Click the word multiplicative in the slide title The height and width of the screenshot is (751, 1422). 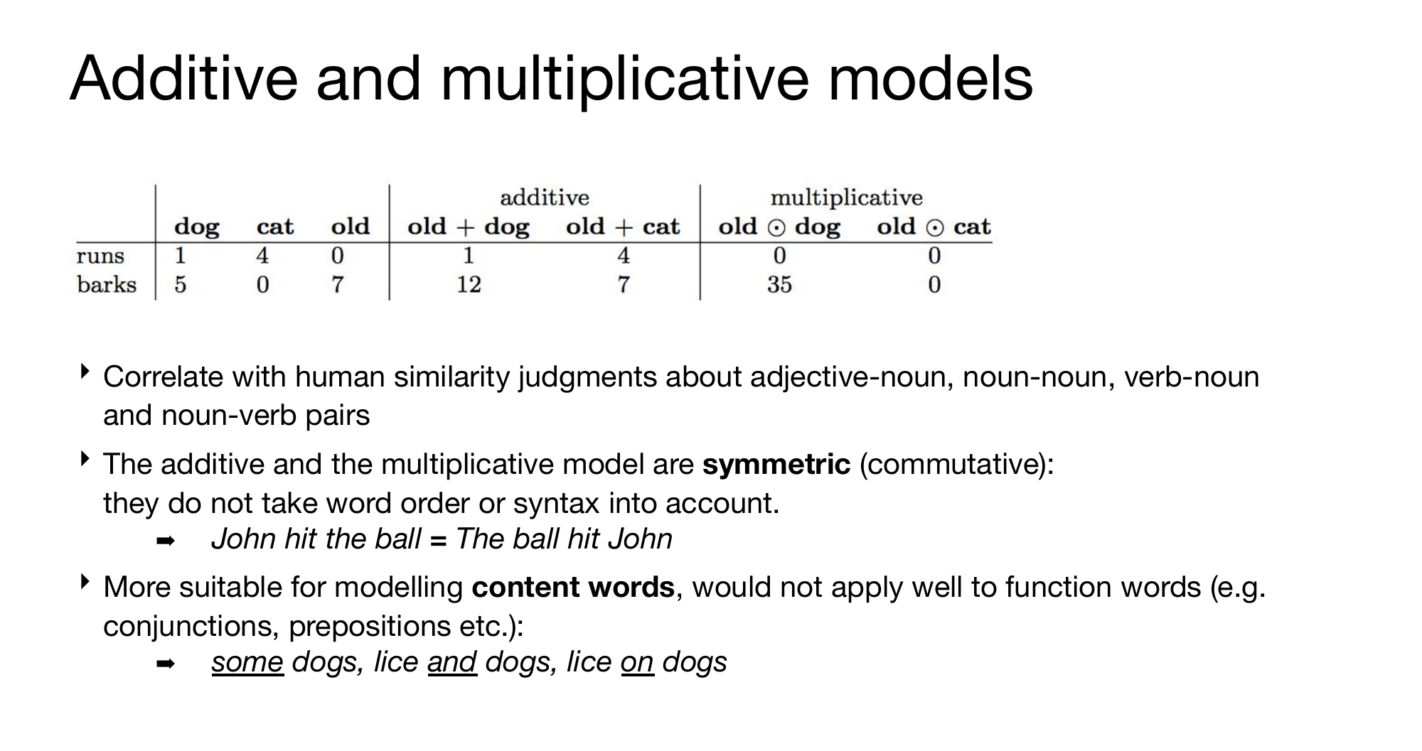point(625,80)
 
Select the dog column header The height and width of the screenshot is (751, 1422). point(197,227)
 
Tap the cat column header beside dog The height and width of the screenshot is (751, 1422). point(274,227)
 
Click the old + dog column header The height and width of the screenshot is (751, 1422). point(469,227)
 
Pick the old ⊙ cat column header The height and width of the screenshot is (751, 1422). point(934,227)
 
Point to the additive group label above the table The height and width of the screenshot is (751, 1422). point(545,198)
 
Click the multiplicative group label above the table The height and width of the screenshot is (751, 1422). point(847,198)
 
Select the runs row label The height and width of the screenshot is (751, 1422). point(100,256)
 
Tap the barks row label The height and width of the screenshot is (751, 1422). point(107,284)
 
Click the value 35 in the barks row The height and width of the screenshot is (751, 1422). point(779,285)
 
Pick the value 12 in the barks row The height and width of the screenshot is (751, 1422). point(469,285)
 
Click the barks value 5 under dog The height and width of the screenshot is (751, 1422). point(181,285)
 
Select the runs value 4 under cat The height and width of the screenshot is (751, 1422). point(262,255)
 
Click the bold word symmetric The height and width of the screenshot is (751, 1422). point(776,465)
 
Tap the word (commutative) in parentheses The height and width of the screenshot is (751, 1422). point(957,465)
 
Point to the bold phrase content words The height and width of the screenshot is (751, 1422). point(573,588)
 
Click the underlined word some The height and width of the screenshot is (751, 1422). point(247,662)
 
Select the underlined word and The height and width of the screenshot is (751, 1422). point(452,662)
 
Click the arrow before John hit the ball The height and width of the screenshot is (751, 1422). point(165,541)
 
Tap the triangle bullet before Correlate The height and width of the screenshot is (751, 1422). point(85,372)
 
